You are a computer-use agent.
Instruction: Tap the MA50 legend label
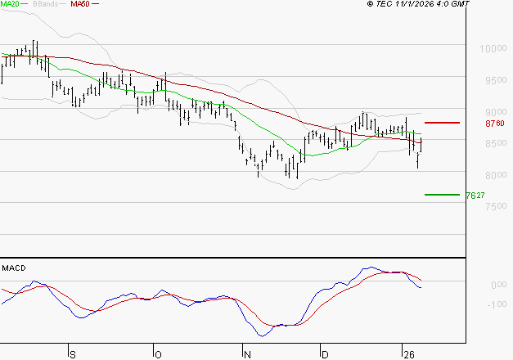tap(80, 5)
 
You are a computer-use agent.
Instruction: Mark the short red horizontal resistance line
tap(443, 123)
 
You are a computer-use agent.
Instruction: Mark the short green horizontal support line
tap(443, 195)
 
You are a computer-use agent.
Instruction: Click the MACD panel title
tap(14, 268)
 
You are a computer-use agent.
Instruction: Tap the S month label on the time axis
tap(72, 354)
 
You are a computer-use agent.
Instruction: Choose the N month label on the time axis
tap(246, 354)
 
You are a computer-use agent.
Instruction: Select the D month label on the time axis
tap(324, 354)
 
